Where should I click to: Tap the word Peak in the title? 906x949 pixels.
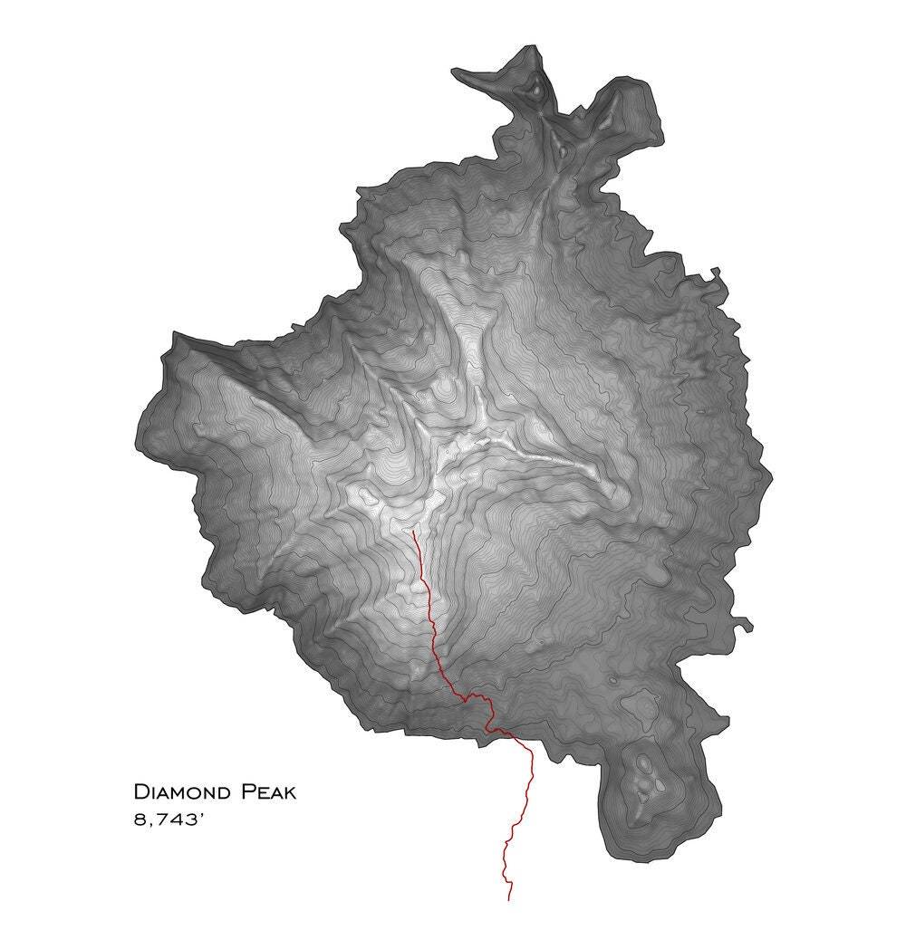[x=268, y=792]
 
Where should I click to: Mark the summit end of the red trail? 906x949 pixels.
[x=413, y=532]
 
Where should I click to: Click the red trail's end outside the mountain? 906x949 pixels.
[x=509, y=900]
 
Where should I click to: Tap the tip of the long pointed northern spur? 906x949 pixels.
[x=456, y=72]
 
